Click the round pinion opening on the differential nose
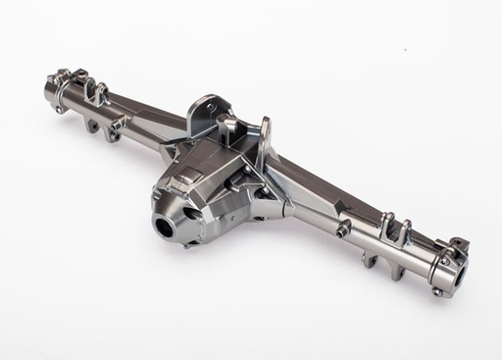(163, 226)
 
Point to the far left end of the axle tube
(49, 93)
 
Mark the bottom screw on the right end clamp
(437, 290)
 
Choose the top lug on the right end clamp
(458, 244)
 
